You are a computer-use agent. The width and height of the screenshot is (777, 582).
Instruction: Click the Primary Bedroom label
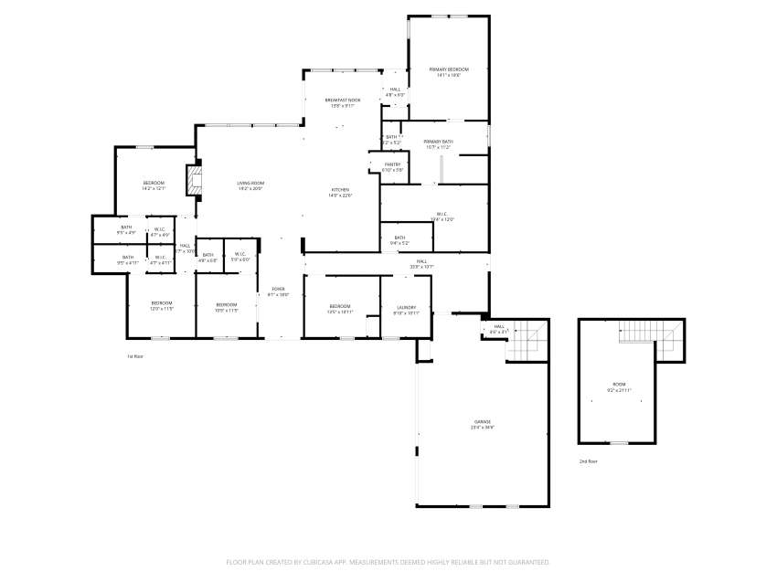click(x=449, y=70)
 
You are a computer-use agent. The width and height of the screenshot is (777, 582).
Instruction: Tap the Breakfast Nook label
click(x=343, y=100)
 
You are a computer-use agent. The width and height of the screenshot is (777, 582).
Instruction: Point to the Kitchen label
click(x=340, y=190)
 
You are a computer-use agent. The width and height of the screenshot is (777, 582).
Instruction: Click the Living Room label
click(x=250, y=184)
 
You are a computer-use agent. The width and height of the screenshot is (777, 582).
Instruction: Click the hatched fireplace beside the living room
click(x=192, y=179)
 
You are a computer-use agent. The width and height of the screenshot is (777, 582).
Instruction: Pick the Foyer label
click(x=278, y=289)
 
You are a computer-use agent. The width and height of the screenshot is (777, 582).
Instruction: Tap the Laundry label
click(x=406, y=307)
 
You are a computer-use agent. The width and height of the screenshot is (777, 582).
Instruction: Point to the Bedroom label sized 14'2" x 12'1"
click(x=154, y=184)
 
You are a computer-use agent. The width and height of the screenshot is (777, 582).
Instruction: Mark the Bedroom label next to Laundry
click(x=339, y=305)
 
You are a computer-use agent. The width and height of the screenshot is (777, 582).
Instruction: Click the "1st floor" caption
click(x=135, y=356)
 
